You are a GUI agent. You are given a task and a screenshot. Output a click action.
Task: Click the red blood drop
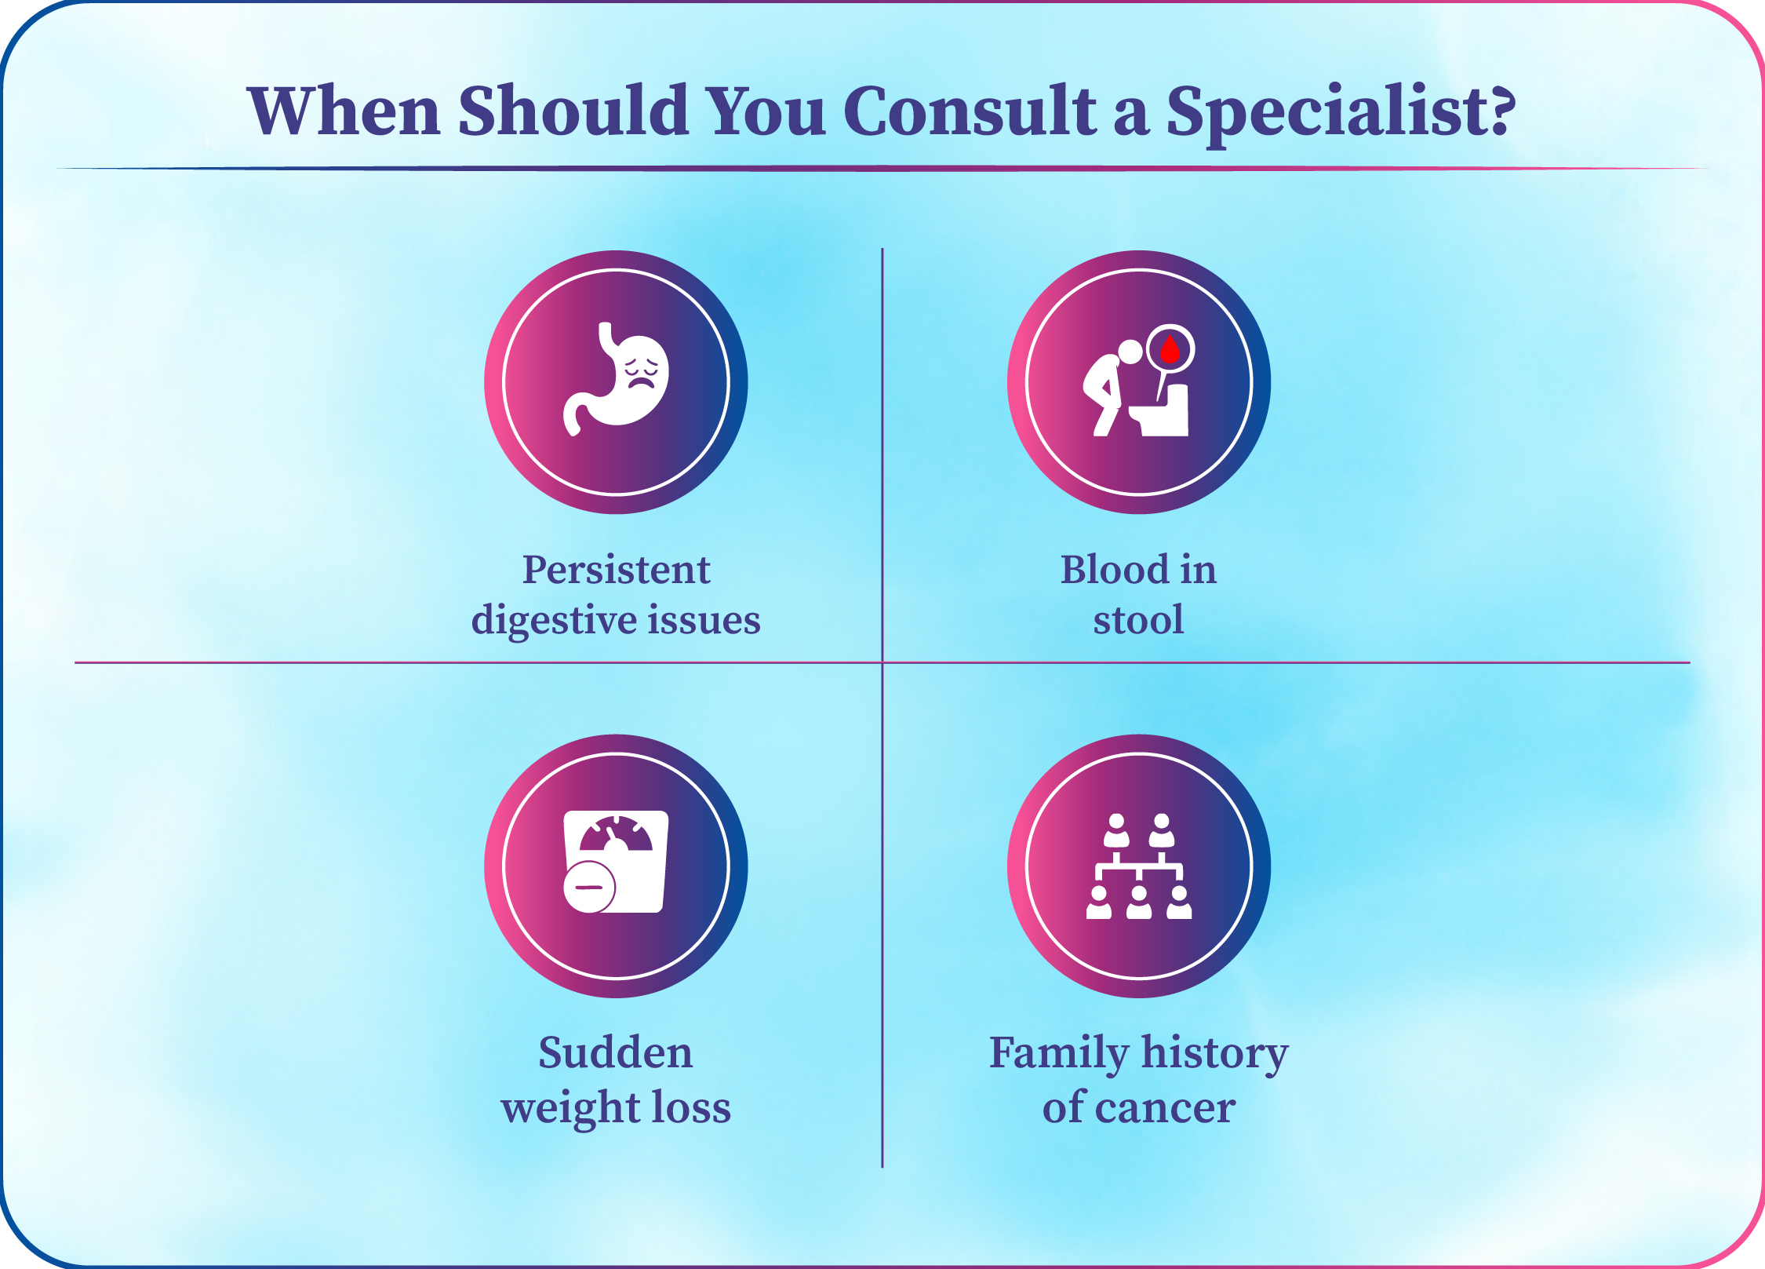click(1170, 349)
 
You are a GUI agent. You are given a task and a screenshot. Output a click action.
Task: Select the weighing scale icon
click(616, 862)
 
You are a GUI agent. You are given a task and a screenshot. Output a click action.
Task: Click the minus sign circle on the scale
click(589, 888)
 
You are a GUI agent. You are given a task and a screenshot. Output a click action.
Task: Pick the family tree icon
click(1139, 866)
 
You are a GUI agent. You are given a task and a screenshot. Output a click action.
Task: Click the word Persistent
click(616, 569)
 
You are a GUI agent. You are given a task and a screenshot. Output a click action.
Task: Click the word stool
click(1138, 620)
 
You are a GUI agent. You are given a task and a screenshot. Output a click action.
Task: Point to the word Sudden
click(616, 1053)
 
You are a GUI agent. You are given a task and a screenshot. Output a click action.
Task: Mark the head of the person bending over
click(1130, 351)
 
